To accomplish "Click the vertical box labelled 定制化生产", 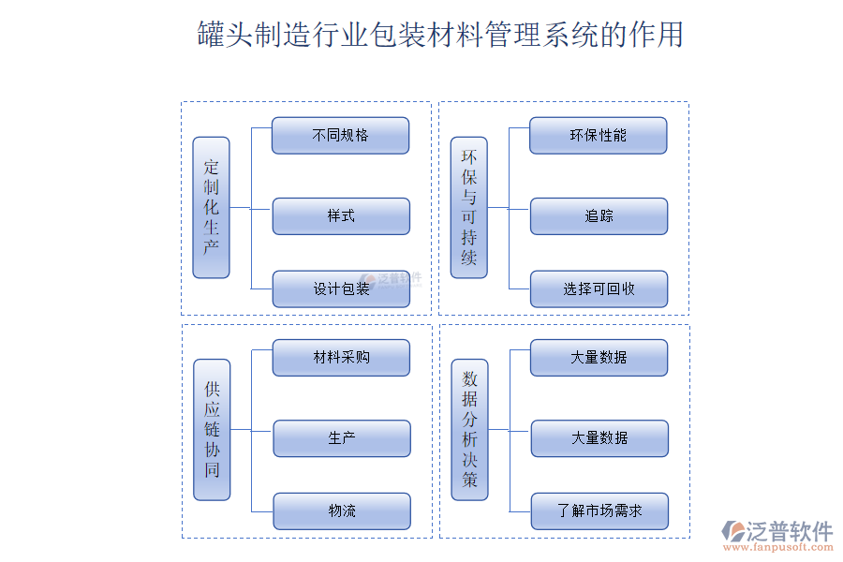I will coord(211,207).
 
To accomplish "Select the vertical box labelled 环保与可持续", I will coord(468,207).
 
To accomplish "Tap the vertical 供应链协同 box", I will coord(212,429).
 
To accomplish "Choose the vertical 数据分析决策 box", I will coord(469,429).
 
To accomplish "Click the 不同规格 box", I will coord(340,135).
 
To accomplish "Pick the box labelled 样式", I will coord(341,215).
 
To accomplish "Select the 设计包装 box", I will coord(341,288).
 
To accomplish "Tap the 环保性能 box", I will coord(598,135).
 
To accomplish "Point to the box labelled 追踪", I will coord(599,215).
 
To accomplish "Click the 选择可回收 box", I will coord(599,288).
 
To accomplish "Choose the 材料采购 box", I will coord(341,357).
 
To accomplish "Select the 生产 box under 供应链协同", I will coord(342,437).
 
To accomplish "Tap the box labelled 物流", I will coord(342,510).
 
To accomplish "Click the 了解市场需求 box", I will coord(599,510).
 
